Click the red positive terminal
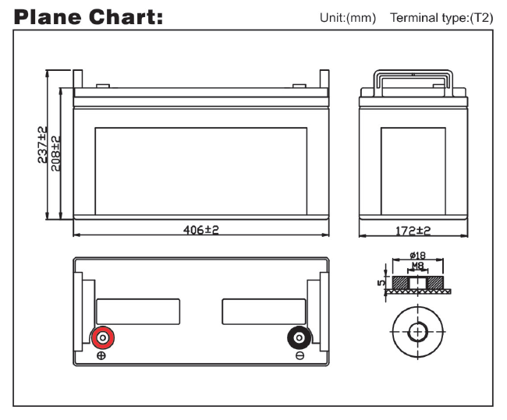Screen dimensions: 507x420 tap(103, 338)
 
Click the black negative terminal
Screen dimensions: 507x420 tap(300, 338)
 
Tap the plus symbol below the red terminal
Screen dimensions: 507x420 tap(101, 355)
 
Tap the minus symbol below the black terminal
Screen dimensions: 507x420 tap(300, 355)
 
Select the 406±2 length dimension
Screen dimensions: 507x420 tap(201, 230)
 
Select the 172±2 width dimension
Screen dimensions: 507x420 tap(413, 231)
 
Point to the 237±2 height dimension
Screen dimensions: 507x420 tap(42, 145)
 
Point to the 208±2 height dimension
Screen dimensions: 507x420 tap(55, 154)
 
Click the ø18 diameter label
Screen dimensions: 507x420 tap(418, 256)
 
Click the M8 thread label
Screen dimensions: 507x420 tap(417, 266)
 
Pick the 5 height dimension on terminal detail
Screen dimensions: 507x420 tap(381, 283)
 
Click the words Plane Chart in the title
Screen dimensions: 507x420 tap(88, 17)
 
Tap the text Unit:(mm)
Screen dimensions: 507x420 tap(348, 18)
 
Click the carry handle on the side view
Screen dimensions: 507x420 tap(413, 83)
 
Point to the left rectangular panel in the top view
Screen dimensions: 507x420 tap(138, 312)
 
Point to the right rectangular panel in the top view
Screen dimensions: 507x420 tap(264, 312)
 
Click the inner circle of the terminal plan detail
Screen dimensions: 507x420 tap(418, 332)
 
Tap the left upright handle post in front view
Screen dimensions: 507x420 tap(78, 79)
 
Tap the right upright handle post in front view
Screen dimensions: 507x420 tap(324, 79)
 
